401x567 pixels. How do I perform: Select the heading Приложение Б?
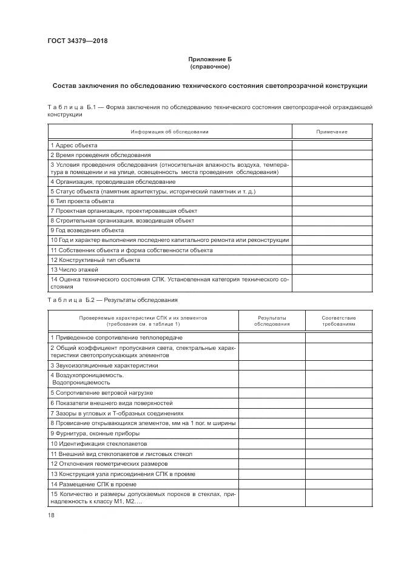209,59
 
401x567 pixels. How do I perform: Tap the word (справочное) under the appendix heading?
209,66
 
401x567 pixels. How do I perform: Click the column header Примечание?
332,132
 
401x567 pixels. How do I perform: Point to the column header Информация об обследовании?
170,132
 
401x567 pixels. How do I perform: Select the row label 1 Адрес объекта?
74,145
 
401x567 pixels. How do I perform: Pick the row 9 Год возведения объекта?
87,230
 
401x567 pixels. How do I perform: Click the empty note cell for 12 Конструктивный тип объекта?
332,260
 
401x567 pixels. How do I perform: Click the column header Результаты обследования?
272,321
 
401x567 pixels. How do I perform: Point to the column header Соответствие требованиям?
339,321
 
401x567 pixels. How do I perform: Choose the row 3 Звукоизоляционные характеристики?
104,366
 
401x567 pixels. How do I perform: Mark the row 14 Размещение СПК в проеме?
93,484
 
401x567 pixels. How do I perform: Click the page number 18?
51,514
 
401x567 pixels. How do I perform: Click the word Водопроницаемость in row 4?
81,383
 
